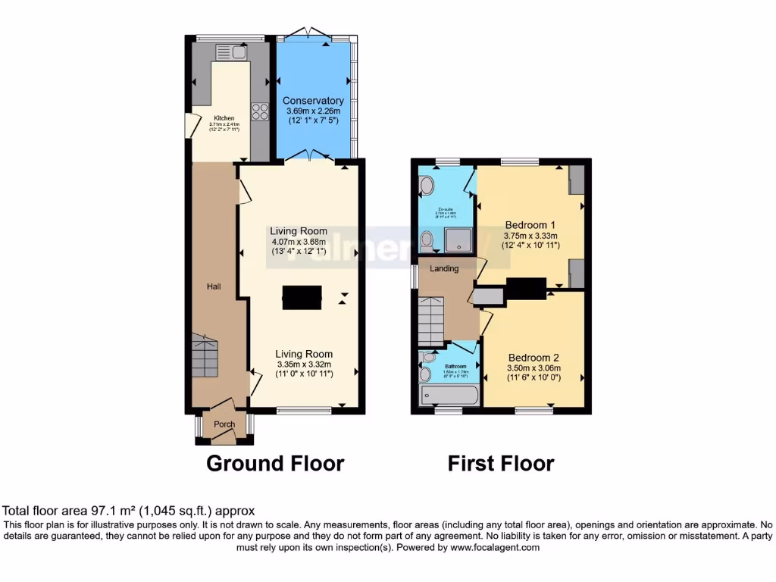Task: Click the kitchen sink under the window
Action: (232, 52)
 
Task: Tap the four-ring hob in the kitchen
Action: (260, 111)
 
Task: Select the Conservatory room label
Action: (313, 101)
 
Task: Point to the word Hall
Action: (214, 286)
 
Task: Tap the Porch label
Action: (224, 424)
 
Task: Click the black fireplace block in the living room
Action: (302, 297)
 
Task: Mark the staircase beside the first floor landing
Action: (430, 320)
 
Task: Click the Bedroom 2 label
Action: (533, 358)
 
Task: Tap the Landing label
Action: (444, 268)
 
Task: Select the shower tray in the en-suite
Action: (458, 240)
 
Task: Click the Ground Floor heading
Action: (275, 463)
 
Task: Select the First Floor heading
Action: (501, 463)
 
